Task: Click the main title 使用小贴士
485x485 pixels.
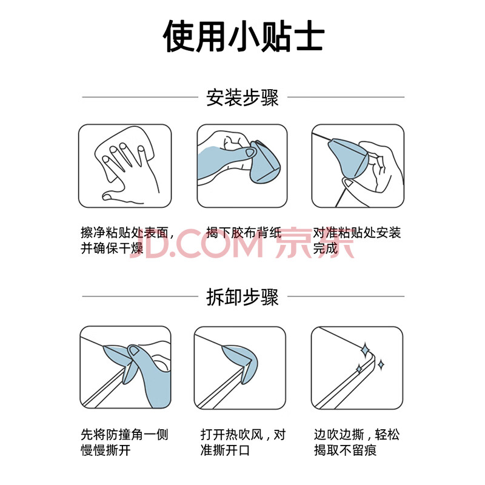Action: point(244,36)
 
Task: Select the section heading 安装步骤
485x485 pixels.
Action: point(242,98)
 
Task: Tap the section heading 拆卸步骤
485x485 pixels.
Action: point(242,297)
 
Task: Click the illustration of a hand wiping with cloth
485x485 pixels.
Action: point(125,166)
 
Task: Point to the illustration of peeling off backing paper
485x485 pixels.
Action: point(242,166)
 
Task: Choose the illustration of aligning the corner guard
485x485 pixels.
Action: point(358,166)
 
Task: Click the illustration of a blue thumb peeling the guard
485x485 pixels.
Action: point(125,367)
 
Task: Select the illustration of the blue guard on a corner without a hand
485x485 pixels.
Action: point(240,368)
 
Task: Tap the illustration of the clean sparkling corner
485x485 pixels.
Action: point(357,368)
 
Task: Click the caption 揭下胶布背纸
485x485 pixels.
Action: point(244,233)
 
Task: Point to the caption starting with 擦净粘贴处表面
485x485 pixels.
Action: point(127,240)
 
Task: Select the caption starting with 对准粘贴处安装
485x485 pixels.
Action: point(357,240)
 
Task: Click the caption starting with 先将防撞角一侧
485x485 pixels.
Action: point(124,443)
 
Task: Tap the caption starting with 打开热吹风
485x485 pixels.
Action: point(243,443)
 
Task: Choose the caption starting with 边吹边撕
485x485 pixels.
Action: point(357,443)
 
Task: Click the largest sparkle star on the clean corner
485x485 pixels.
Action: point(366,350)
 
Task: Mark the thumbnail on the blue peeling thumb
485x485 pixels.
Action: point(133,351)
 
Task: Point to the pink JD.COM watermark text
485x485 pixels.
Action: point(199,243)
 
